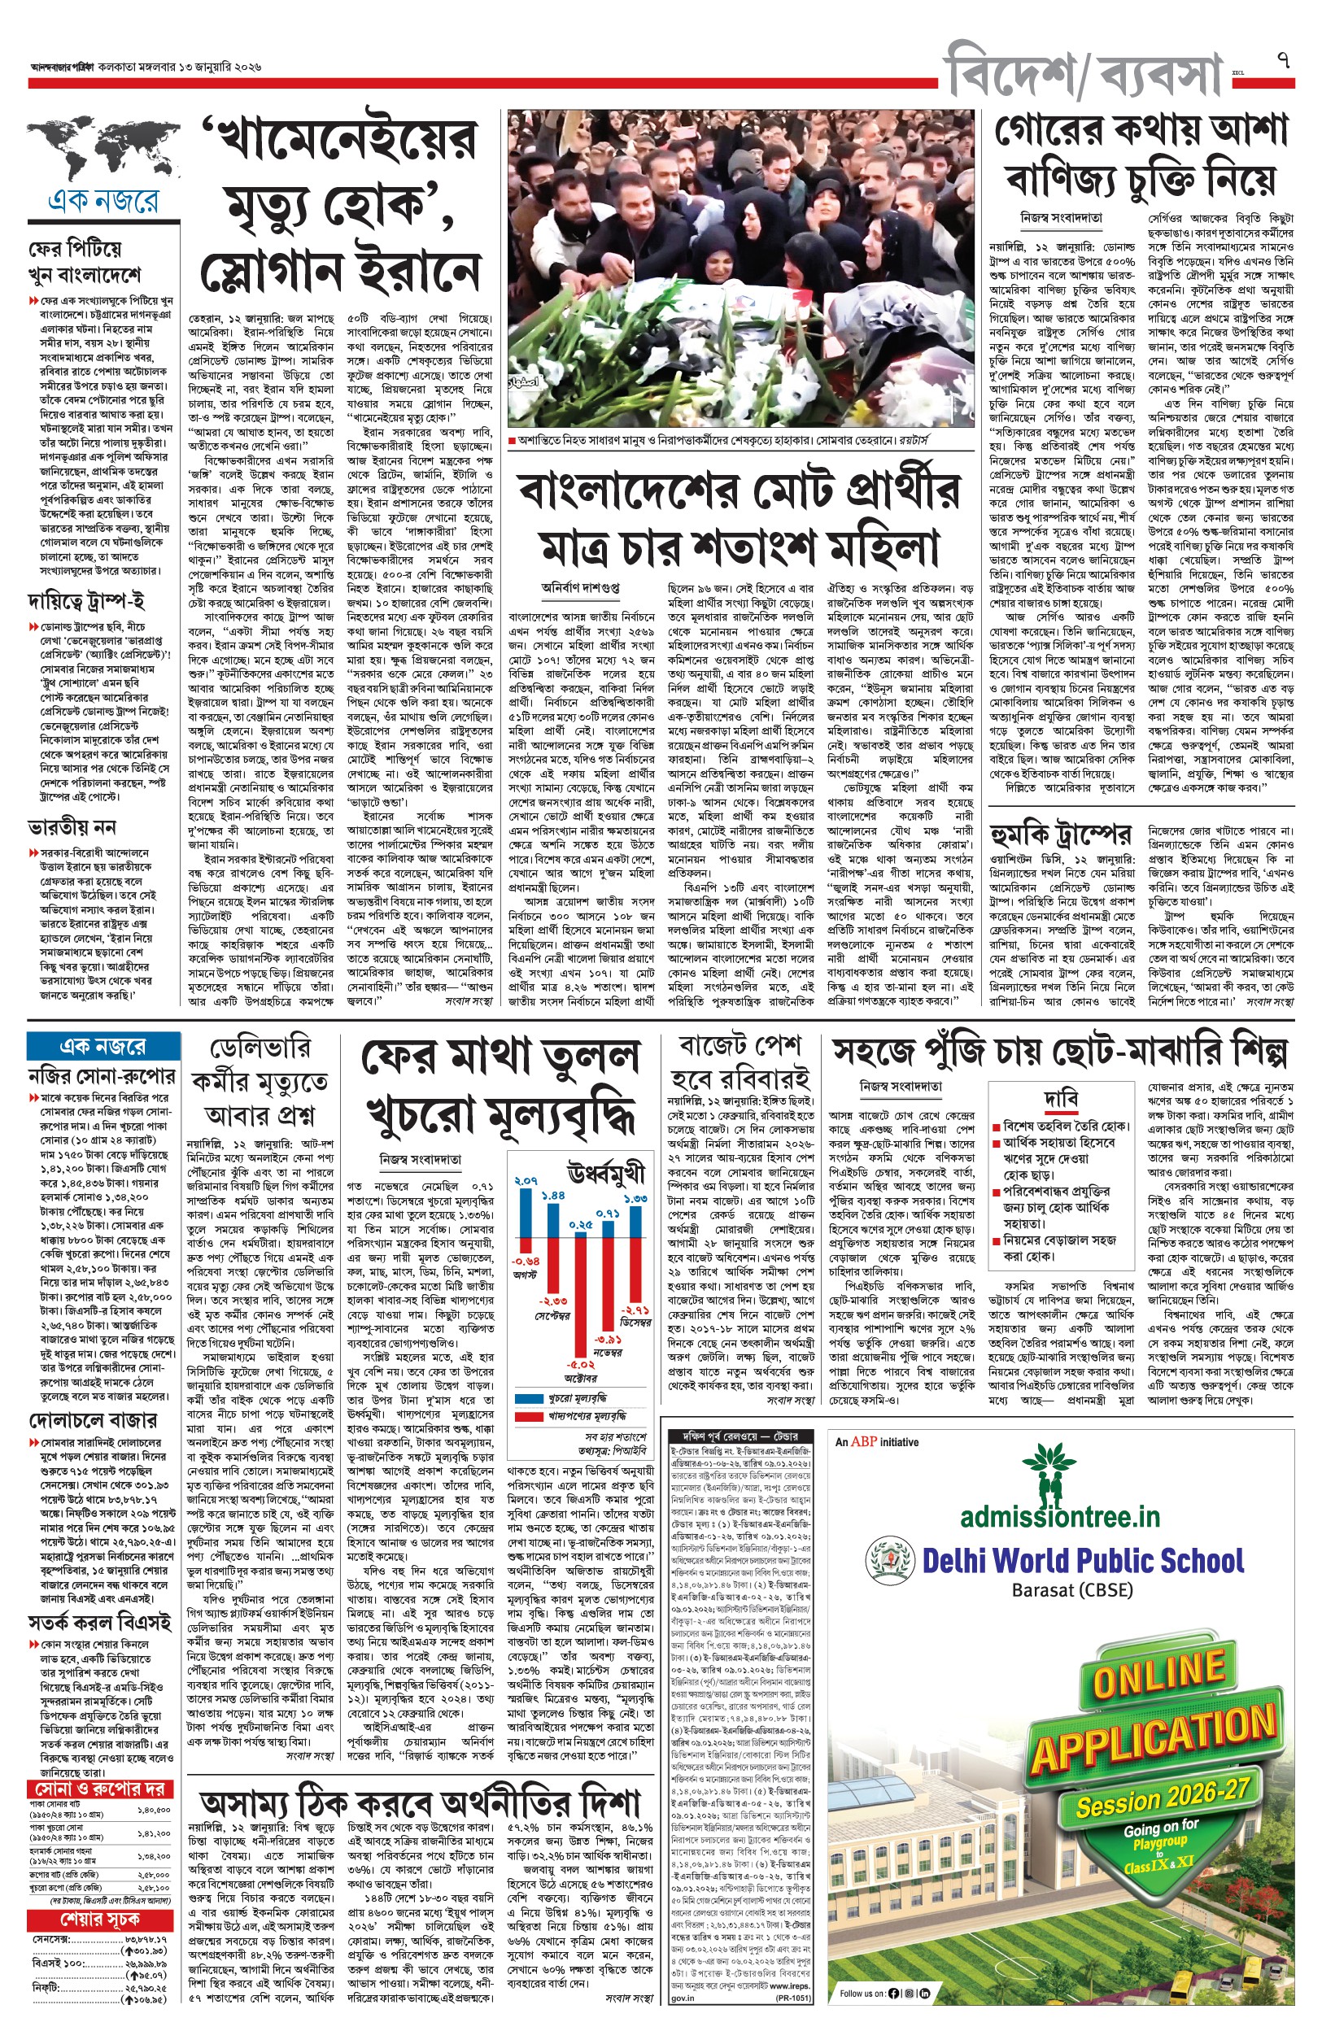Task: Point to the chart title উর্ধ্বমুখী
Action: click(x=605, y=1173)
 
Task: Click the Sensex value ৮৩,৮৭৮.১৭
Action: click(x=145, y=1938)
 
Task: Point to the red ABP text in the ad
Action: click(x=864, y=1441)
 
